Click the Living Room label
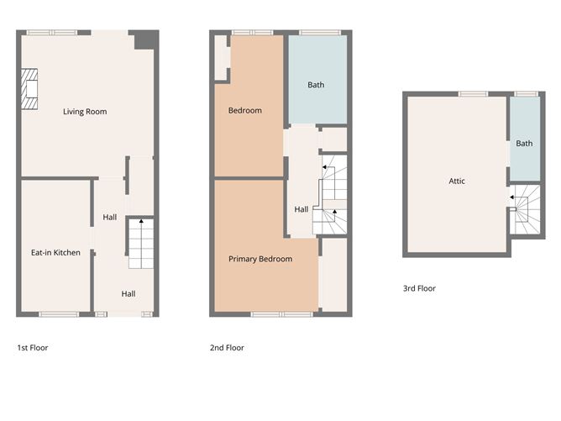[x=85, y=111]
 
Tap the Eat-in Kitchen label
[x=55, y=252]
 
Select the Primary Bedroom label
[x=260, y=259]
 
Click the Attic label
[x=457, y=181]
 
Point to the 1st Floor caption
[x=33, y=347]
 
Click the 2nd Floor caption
[x=227, y=347]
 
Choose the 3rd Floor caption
[x=419, y=288]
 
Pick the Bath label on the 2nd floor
[x=316, y=85]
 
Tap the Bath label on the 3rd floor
[x=524, y=144]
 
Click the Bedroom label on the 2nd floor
[x=245, y=110]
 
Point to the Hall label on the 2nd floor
[x=301, y=209]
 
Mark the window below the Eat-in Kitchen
[x=58, y=313]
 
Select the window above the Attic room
[x=473, y=93]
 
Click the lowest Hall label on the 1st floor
[x=128, y=293]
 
